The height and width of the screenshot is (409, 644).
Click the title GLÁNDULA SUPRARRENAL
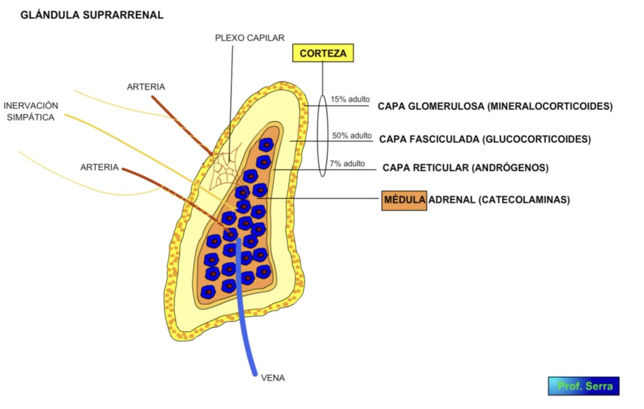[92, 15]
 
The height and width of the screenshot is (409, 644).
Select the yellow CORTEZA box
[323, 53]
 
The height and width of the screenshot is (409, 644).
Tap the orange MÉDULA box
[404, 200]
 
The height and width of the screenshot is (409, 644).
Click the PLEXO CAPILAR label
[250, 38]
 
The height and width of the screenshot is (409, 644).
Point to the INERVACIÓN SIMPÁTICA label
[31, 111]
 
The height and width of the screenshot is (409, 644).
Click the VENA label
[273, 377]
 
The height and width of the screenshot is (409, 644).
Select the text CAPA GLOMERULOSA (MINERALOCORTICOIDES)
[495, 106]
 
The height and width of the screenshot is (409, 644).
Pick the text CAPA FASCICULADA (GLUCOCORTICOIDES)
[485, 140]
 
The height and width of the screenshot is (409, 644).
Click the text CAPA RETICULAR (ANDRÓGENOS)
[465, 168]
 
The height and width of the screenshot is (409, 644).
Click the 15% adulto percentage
[350, 99]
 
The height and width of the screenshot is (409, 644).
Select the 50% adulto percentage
[352, 135]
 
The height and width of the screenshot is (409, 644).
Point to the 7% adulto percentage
[347, 163]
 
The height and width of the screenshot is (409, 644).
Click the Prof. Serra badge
[583, 386]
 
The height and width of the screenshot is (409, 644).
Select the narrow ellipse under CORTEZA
[322, 136]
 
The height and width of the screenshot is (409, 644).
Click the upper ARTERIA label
[146, 86]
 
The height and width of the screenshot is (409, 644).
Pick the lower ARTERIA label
[99, 167]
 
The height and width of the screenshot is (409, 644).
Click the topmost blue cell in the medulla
[265, 144]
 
